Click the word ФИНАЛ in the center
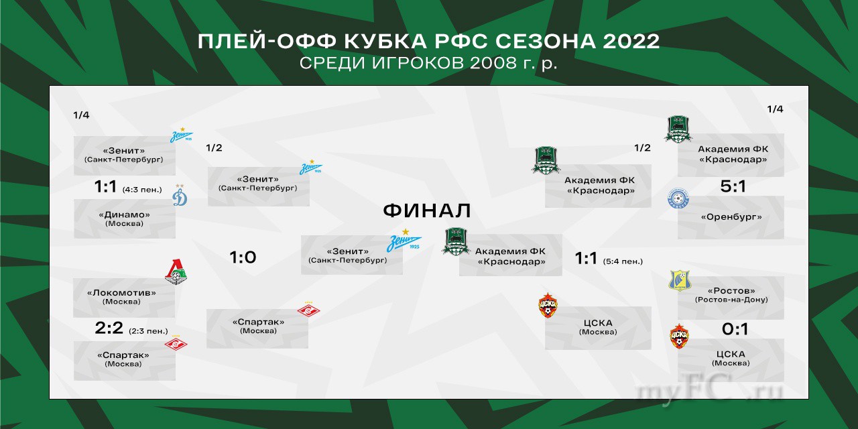click(x=427, y=210)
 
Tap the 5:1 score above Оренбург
click(x=733, y=186)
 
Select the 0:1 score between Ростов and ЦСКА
click(x=735, y=329)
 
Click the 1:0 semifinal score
click(x=243, y=257)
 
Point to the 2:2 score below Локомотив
click(x=109, y=328)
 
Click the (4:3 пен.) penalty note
click(x=142, y=190)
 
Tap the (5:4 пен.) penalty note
click(x=623, y=261)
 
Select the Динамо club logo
click(x=180, y=195)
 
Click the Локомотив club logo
click(x=176, y=272)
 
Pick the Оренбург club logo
click(x=678, y=198)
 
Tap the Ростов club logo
click(x=680, y=280)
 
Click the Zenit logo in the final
click(x=404, y=241)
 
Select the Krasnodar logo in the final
click(x=456, y=241)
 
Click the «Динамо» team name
click(x=124, y=215)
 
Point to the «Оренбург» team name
click(x=731, y=217)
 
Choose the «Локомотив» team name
click(x=121, y=293)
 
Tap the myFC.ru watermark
click(x=709, y=390)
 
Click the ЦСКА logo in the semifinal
click(x=548, y=305)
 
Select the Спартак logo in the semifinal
click(x=309, y=310)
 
